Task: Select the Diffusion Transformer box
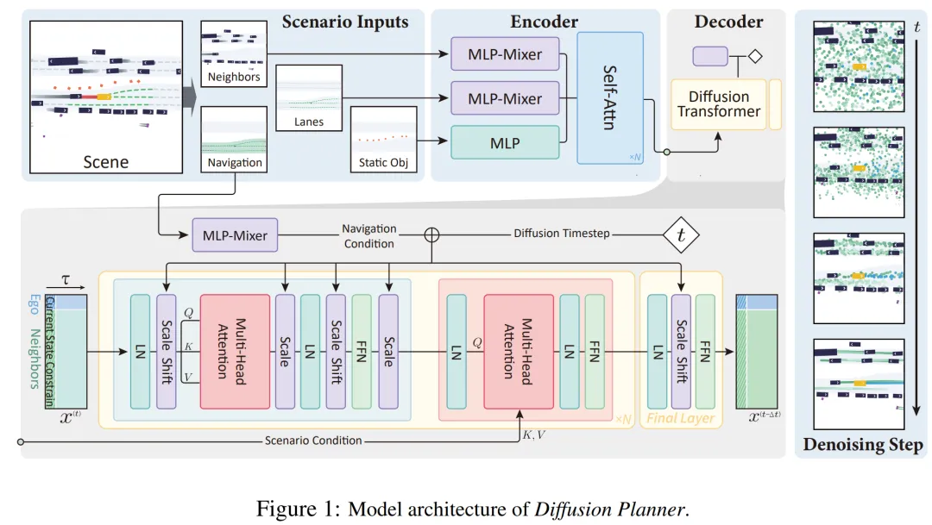point(718,103)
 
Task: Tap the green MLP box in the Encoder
point(505,143)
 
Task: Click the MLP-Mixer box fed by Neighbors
point(505,54)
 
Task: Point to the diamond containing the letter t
point(681,234)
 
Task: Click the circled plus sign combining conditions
point(432,234)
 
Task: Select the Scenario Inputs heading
point(345,22)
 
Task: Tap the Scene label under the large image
point(105,161)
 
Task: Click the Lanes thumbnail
point(308,97)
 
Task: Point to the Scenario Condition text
point(313,441)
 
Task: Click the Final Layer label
point(681,419)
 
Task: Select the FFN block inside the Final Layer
point(706,351)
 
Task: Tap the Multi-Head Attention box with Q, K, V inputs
point(235,351)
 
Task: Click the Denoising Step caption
point(862,446)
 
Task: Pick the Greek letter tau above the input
point(65,279)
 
